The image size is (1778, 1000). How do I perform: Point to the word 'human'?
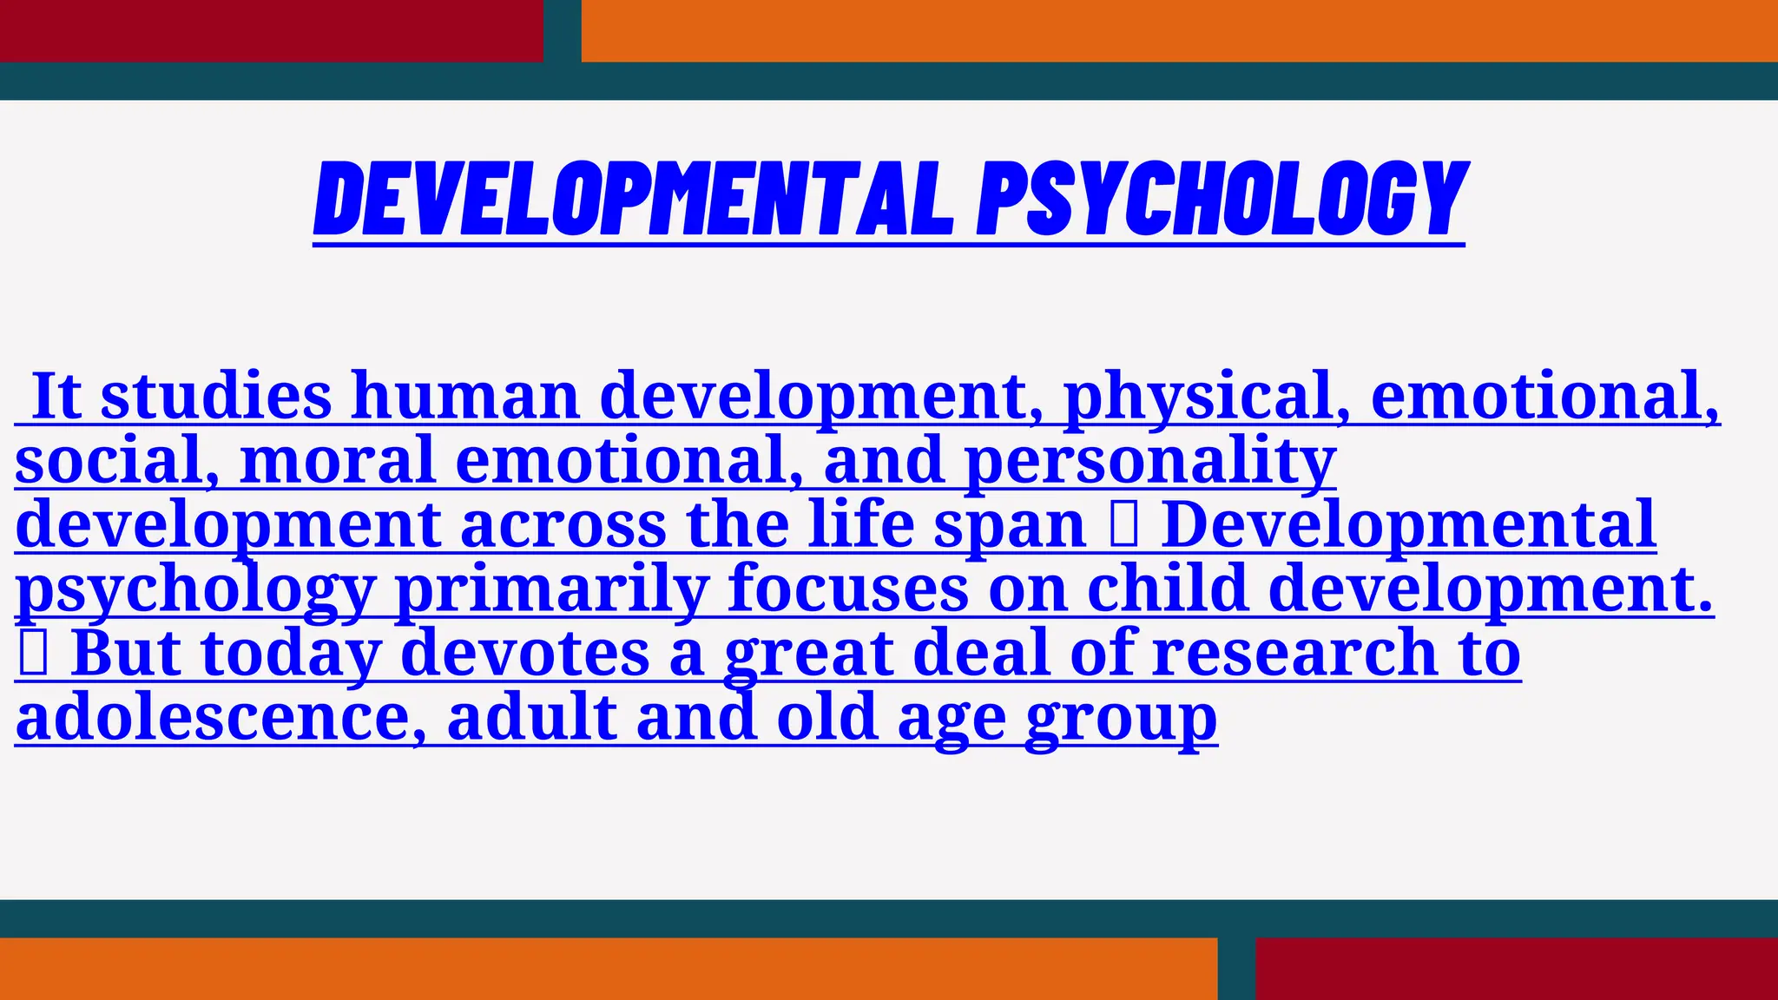pos(465,396)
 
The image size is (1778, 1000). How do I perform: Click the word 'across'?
pos(563,524)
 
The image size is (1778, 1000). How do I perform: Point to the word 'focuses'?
pos(848,589)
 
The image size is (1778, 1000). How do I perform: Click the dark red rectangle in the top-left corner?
pos(271,30)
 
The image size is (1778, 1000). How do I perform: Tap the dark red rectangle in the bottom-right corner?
pos(1516,969)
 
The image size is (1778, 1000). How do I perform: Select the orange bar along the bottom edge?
pos(608,969)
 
